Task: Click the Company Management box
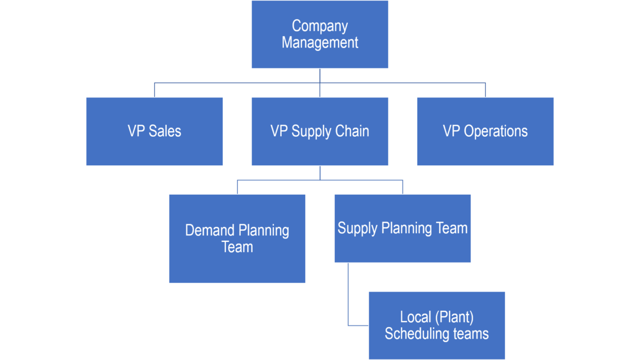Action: click(319, 34)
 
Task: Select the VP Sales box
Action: click(154, 131)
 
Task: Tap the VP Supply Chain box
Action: click(319, 131)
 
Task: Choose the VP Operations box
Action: click(485, 131)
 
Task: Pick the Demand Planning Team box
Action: click(237, 239)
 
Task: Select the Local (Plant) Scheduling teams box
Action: click(437, 326)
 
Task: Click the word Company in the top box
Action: click(319, 26)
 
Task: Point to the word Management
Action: click(319, 43)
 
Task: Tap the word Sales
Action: click(165, 131)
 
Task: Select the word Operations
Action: click(496, 131)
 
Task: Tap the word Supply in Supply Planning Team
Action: click(357, 228)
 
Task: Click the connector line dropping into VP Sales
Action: click(154, 90)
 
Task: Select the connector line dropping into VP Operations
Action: click(485, 90)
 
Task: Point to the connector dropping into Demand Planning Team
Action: click(237, 187)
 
